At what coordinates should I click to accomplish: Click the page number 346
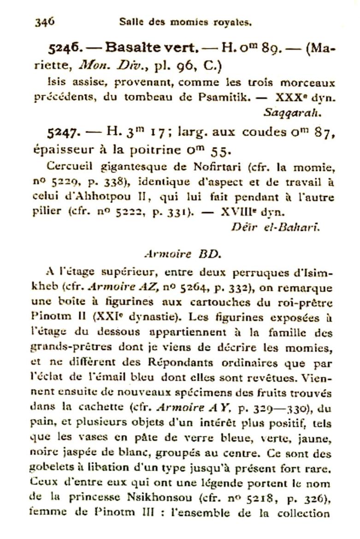click(45, 21)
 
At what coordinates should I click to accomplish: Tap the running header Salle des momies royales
click(185, 21)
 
